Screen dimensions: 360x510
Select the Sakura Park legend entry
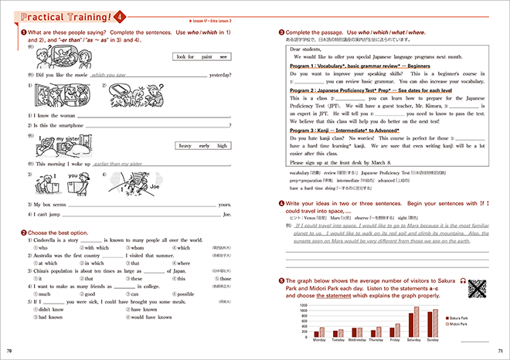pos(458,318)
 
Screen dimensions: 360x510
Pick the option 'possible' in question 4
pos(183,294)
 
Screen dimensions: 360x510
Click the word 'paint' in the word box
pos(205,56)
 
